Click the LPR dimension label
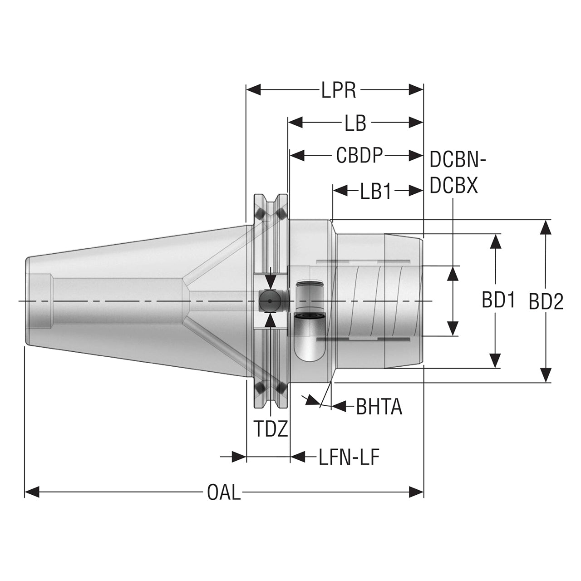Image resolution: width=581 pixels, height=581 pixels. tap(338, 90)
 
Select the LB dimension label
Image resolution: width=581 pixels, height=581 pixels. tap(355, 123)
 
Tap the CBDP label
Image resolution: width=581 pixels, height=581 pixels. tap(359, 155)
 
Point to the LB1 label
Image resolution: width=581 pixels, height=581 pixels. tap(375, 191)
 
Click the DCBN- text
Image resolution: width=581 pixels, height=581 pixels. tap(457, 159)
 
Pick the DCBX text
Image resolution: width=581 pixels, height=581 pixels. tap(454, 186)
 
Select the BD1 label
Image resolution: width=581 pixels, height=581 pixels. tap(498, 300)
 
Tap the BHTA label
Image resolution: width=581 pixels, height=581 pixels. tap(379, 407)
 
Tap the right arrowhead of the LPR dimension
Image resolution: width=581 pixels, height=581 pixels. tap(416, 90)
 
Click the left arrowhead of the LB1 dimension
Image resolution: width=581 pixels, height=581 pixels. tap(340, 191)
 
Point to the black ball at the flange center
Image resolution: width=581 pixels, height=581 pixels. tap(270, 301)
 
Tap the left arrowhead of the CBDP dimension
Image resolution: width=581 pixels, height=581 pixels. tap(297, 156)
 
